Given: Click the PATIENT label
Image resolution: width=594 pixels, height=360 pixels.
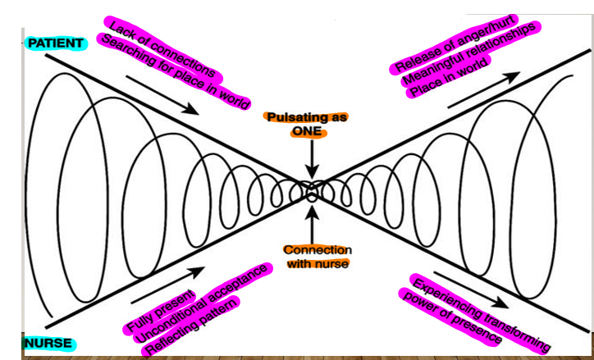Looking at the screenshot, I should (x=55, y=42).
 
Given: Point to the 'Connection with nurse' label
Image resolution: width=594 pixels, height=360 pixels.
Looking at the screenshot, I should (x=318, y=256).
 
